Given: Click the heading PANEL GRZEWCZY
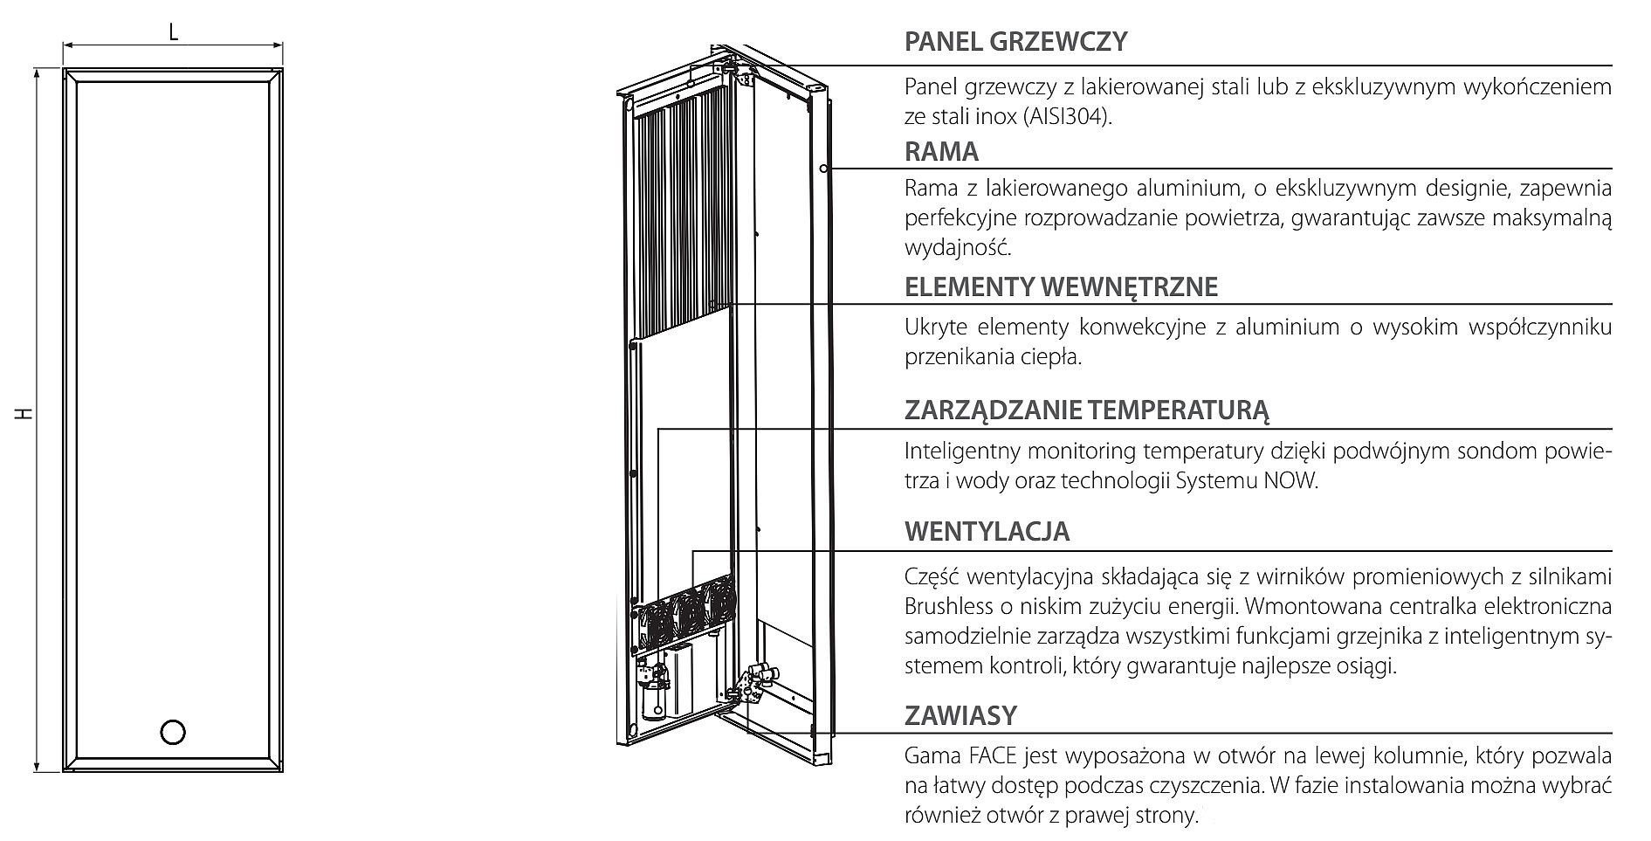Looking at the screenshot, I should tap(1015, 41).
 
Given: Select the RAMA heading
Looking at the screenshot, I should tap(941, 152).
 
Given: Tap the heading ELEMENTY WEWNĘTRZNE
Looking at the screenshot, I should tap(1061, 287).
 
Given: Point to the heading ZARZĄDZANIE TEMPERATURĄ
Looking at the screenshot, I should tap(1087, 410).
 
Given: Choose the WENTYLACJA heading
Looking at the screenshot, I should tap(987, 532).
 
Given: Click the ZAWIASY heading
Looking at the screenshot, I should tap(960, 716).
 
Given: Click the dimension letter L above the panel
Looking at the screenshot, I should tap(174, 33).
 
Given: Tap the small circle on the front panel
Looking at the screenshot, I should tap(174, 732).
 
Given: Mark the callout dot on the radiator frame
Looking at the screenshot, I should tap(823, 168).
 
